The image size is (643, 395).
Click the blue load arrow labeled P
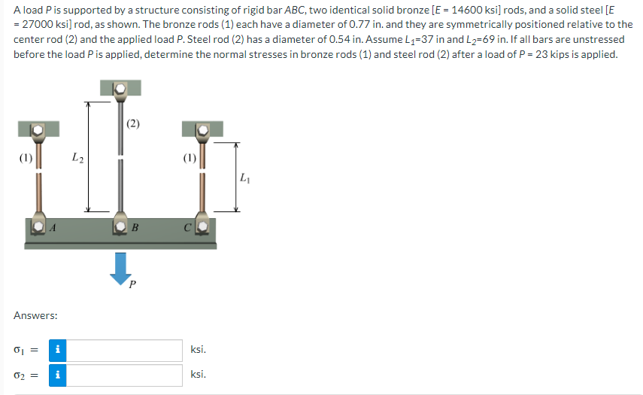coord(120,267)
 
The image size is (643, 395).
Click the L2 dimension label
coord(77,158)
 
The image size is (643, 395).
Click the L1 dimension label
coord(244,178)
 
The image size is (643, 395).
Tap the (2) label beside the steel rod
coord(132,124)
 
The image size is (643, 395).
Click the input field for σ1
coord(125,350)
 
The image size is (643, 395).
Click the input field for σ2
coord(125,375)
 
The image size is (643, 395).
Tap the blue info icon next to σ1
coord(58,350)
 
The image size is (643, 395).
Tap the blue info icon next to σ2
coord(58,375)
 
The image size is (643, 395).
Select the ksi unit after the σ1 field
coord(199,350)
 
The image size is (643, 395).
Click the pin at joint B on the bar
coord(120,226)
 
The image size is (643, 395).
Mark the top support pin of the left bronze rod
coord(36,131)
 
